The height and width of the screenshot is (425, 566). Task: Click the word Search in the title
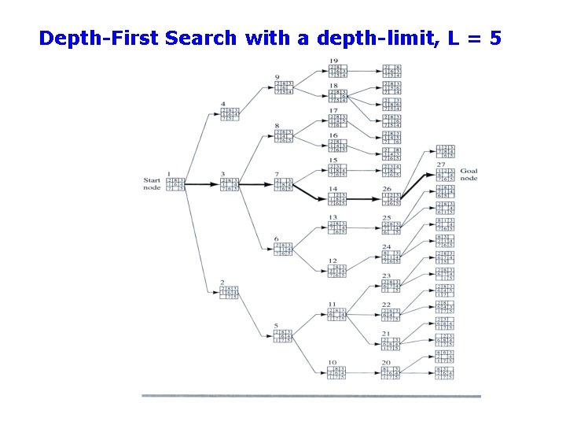pyautogui.click(x=200, y=38)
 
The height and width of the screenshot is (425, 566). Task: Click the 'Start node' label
pyautogui.click(x=152, y=183)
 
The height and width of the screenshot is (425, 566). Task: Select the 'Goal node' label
pyautogui.click(x=469, y=175)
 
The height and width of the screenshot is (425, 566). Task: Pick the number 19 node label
pyautogui.click(x=333, y=61)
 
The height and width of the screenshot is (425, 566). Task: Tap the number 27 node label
pyautogui.click(x=441, y=164)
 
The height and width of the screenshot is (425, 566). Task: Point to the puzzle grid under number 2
pyautogui.click(x=229, y=293)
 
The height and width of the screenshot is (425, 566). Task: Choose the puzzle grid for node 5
pyautogui.click(x=283, y=336)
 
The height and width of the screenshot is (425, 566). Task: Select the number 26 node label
pyautogui.click(x=386, y=189)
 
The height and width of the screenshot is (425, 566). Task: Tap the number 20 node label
pyautogui.click(x=386, y=363)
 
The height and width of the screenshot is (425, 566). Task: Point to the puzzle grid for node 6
pyautogui.click(x=283, y=249)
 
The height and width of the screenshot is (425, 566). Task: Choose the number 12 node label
pyautogui.click(x=333, y=261)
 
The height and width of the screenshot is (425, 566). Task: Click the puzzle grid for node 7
pyautogui.click(x=283, y=184)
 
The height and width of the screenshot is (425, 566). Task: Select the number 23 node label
pyautogui.click(x=386, y=276)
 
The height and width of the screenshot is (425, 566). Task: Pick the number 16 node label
pyautogui.click(x=333, y=135)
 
